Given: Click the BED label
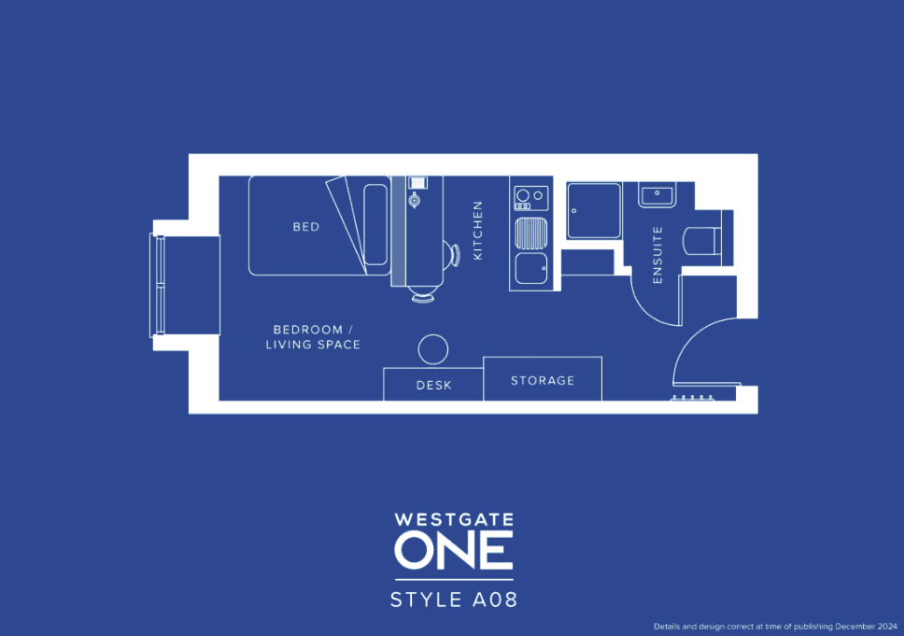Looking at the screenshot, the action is (x=306, y=227).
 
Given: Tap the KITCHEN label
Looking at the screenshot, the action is (x=477, y=230).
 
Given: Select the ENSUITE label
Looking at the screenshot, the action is (x=657, y=255).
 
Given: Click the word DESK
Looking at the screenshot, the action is (x=434, y=385).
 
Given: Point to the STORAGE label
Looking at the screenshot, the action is (x=543, y=380).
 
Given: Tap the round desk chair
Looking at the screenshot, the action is (x=433, y=349).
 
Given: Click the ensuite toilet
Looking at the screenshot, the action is (x=702, y=241).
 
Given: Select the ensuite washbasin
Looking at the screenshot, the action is (x=657, y=195).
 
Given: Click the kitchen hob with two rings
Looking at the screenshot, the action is (x=531, y=198).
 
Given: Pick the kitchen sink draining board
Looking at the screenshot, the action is (x=531, y=233).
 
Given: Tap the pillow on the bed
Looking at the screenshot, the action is (x=375, y=225).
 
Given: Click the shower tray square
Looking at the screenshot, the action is (x=594, y=210).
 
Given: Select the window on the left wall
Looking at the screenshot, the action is (x=158, y=285).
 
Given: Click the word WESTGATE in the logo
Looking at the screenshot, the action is (x=454, y=519).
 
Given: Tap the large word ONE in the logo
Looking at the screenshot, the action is (x=454, y=550).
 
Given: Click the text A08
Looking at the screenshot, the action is (x=495, y=600).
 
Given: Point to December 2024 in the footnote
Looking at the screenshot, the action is (x=867, y=627).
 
